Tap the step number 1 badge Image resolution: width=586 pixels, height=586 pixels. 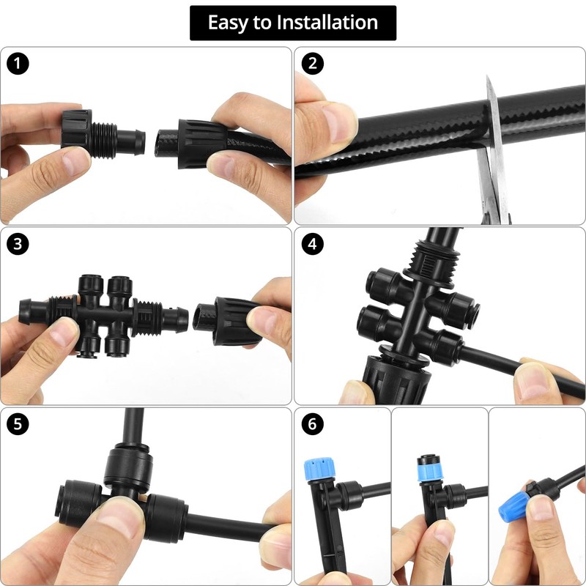(x=17, y=63)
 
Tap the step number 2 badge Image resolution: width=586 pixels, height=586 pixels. (x=313, y=63)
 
